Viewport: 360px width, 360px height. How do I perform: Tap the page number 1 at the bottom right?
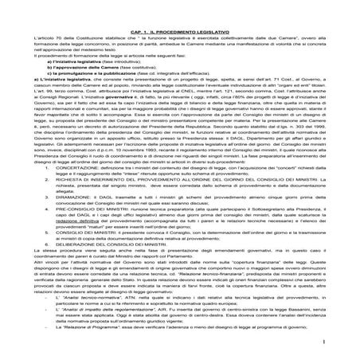pos(348,342)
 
